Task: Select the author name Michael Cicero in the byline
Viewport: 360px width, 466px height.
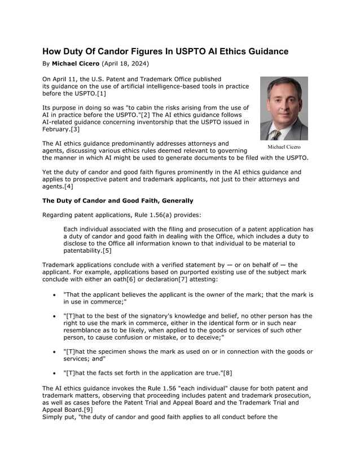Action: tap(76, 64)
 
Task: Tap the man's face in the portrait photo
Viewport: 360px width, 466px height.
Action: tap(283, 102)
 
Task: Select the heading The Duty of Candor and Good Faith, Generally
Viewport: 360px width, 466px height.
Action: tap(118, 200)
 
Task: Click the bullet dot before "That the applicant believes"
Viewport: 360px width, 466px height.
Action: tap(54, 295)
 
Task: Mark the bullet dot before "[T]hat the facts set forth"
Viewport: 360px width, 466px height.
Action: tap(54, 373)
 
